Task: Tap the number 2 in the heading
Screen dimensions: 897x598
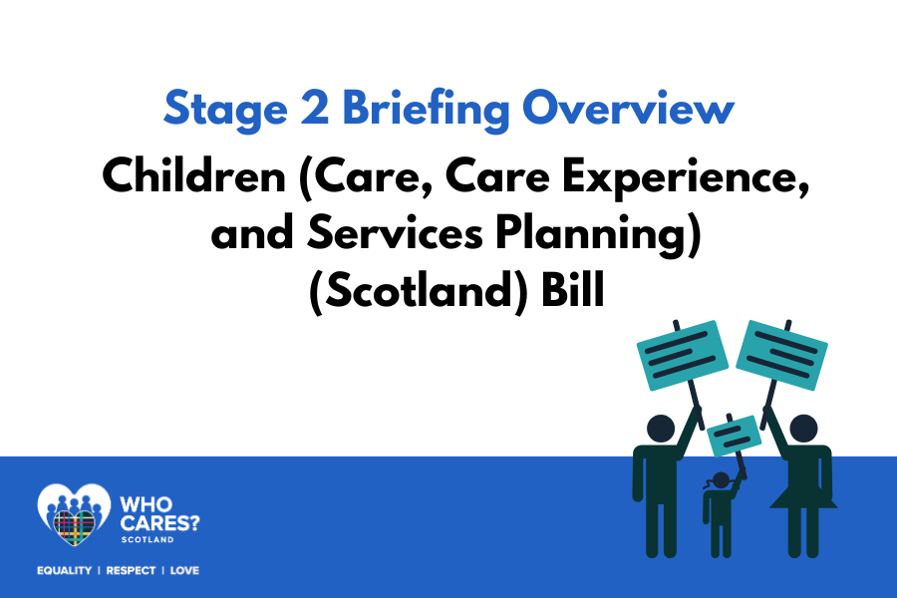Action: pos(315,107)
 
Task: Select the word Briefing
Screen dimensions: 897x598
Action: pos(426,109)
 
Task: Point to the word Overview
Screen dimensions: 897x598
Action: pos(628,107)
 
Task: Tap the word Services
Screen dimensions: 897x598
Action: pos(396,232)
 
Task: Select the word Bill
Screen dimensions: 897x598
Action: pos(573,289)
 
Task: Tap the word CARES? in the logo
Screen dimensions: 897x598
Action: pos(160,523)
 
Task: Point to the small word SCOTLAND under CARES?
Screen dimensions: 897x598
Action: pos(148,539)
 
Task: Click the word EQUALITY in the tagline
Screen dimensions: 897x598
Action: pos(64,570)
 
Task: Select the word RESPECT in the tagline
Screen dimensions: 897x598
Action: pos(131,570)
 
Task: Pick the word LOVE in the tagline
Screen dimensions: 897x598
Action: pos(184,570)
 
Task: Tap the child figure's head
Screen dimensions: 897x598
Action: pos(721,480)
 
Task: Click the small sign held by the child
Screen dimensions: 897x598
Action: pos(734,436)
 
